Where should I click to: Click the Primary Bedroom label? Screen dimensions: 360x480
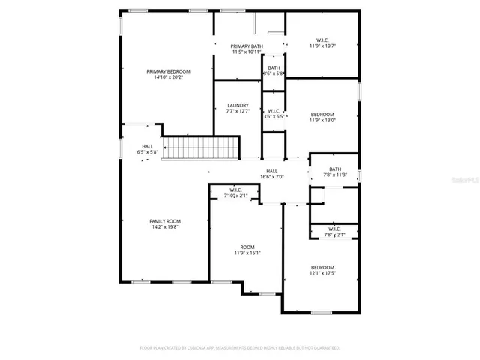(168, 70)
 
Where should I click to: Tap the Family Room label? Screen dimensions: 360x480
(165, 221)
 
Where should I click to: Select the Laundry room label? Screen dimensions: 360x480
(238, 106)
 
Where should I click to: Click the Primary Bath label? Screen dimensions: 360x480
(247, 46)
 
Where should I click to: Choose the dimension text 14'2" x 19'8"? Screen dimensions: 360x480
(165, 227)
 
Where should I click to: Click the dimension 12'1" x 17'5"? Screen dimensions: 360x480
(322, 274)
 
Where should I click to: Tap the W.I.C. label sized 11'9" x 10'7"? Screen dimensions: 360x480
(322, 40)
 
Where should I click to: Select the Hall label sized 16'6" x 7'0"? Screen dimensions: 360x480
(272, 171)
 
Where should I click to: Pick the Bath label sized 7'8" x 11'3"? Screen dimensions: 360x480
(334, 169)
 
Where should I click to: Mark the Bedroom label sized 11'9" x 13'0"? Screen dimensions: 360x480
(322, 114)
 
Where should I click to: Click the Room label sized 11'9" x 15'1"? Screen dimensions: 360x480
(247, 247)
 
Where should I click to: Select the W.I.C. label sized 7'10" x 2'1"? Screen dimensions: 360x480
(235, 190)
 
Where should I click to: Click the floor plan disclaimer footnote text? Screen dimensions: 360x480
(240, 347)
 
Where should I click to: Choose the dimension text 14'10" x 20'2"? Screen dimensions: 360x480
(168, 76)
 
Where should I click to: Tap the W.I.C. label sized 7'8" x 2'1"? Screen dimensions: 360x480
(334, 229)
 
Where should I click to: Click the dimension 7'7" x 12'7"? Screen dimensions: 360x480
(238, 111)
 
